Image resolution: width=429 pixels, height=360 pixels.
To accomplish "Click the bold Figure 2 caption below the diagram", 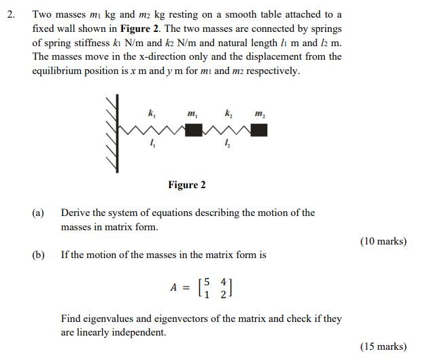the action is (187, 185).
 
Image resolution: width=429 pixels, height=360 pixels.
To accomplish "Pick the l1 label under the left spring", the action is (152, 144).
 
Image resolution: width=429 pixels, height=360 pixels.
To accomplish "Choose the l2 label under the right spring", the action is (228, 144).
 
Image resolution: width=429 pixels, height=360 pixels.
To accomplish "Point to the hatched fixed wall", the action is (112, 132).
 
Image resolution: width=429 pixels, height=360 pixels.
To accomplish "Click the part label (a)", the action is (38, 213).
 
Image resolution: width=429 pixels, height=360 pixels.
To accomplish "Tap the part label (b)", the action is (38, 255).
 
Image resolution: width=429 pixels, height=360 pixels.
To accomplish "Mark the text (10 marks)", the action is (383, 241).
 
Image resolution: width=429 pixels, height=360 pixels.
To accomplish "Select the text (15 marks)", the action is (383, 347).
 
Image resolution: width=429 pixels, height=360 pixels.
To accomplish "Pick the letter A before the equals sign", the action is (175, 287).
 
